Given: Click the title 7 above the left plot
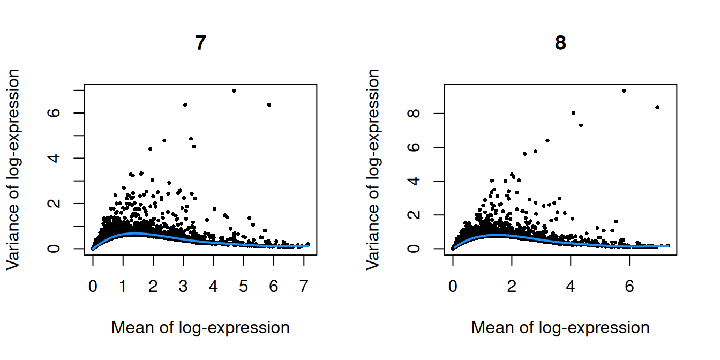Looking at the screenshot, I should point(200,43).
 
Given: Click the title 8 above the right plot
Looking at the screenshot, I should point(560,43).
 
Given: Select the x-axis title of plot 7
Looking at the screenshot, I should point(200,327).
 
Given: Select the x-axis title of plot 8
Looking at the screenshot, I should point(560,327).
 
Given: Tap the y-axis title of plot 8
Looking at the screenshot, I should point(373,169).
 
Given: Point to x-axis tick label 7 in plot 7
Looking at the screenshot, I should point(304,287).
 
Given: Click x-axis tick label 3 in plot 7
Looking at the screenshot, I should point(183,287).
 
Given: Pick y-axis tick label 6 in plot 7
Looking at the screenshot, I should point(64,113).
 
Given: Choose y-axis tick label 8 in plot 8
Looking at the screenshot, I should point(424,114).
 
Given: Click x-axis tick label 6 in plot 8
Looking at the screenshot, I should point(629,287).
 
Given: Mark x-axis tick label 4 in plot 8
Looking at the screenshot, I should point(571,287).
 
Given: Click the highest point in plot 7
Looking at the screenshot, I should point(234,91).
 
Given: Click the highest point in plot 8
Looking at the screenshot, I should point(624,91).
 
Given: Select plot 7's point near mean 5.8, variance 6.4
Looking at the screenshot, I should point(269,104).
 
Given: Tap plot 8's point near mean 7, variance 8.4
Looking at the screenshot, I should point(657,107).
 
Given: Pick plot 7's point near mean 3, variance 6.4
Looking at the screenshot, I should point(185,104).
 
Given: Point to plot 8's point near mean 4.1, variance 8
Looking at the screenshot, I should point(573,112).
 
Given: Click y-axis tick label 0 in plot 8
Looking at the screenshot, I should point(424,249).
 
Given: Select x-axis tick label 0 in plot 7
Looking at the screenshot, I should point(93,287).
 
